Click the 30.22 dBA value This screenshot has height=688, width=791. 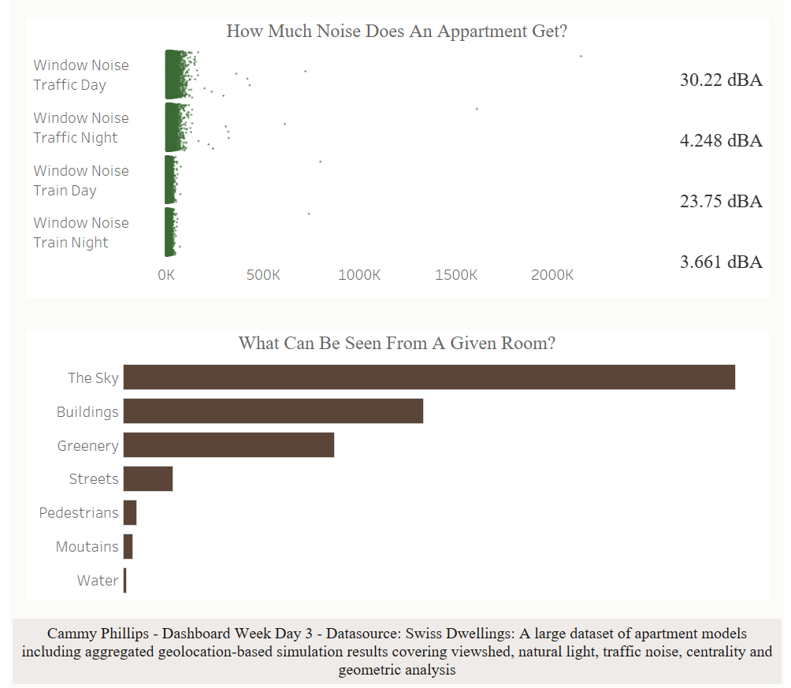(721, 80)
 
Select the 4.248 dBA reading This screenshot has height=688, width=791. (721, 140)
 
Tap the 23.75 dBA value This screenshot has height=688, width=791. (721, 201)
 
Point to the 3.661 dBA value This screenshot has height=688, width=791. (721, 262)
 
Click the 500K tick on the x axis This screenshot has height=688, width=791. (263, 275)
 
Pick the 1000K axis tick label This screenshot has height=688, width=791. (359, 275)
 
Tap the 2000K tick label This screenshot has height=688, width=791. (552, 275)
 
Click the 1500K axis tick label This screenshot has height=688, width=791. (456, 275)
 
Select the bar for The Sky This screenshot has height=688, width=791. (429, 377)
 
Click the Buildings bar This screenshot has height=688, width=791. (273, 411)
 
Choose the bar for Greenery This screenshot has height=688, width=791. (228, 445)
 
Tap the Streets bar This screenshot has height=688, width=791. (148, 479)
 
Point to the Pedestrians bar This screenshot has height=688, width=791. (130, 513)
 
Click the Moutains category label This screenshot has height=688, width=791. (87, 547)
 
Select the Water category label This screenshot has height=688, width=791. (98, 581)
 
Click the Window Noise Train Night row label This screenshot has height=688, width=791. (80, 232)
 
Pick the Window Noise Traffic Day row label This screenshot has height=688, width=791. (80, 75)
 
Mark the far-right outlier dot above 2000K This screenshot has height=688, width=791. (581, 56)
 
